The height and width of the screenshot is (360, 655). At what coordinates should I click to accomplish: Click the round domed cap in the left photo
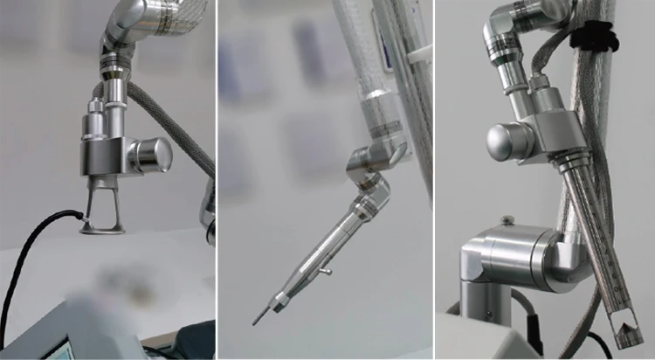click(x=154, y=155)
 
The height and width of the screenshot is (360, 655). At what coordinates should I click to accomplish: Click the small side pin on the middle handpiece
click(x=325, y=273)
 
